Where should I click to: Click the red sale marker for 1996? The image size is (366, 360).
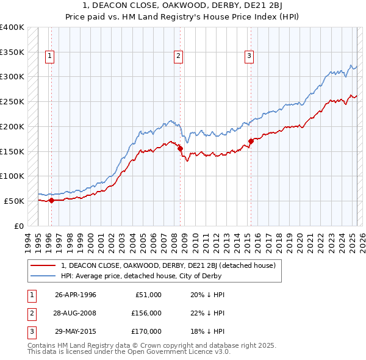[x=51, y=200]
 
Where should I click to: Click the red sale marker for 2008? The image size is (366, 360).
[x=181, y=148]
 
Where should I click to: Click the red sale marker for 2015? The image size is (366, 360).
[x=251, y=141]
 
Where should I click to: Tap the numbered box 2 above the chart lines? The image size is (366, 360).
[x=179, y=57]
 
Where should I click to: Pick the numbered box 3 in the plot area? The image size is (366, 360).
[x=249, y=57]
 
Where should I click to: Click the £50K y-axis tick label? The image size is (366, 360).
[x=15, y=201]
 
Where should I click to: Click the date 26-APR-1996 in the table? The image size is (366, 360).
[x=76, y=295]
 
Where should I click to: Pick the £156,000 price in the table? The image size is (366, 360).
[x=146, y=313]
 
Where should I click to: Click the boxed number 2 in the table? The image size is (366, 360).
[x=30, y=313]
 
